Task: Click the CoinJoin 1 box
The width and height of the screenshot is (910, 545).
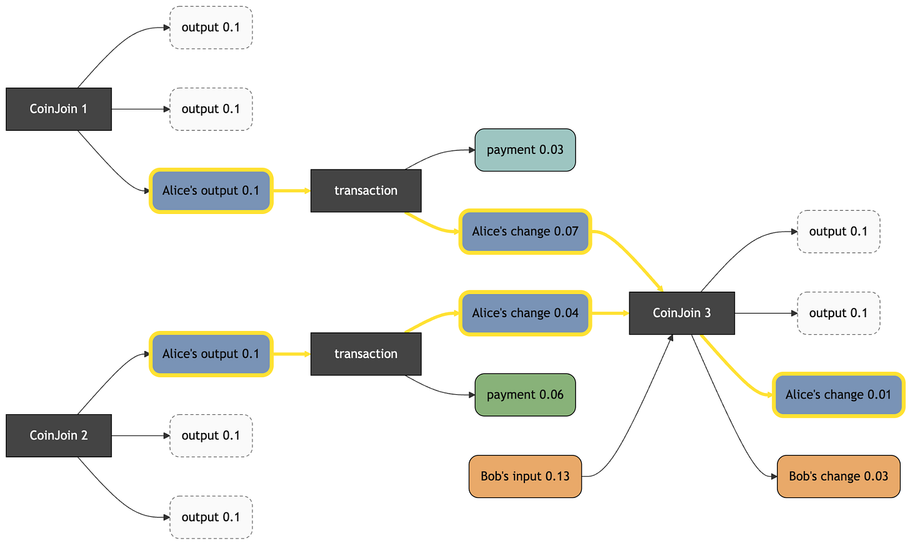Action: click(x=59, y=109)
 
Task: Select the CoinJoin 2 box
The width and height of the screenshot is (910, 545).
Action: click(x=59, y=435)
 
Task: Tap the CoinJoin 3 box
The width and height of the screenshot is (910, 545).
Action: click(x=682, y=313)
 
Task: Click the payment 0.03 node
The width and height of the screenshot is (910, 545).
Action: click(x=525, y=150)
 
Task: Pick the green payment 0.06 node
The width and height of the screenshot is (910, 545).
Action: click(x=525, y=395)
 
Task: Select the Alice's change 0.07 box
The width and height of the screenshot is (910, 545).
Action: click(x=525, y=232)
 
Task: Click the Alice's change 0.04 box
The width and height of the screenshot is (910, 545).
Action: click(x=525, y=313)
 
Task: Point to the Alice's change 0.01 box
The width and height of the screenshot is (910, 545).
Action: click(x=839, y=395)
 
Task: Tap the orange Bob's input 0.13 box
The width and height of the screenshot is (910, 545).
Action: click(x=525, y=476)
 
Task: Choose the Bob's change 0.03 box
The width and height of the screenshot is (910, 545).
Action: click(x=839, y=476)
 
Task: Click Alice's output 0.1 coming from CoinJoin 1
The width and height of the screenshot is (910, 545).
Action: click(x=211, y=191)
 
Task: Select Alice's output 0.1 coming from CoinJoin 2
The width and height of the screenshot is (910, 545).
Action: click(x=211, y=354)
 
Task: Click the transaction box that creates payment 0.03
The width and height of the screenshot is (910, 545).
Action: click(x=366, y=191)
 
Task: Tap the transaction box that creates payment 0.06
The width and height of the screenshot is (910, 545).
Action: click(x=366, y=354)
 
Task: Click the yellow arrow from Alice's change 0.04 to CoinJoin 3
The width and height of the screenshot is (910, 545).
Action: click(x=610, y=313)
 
